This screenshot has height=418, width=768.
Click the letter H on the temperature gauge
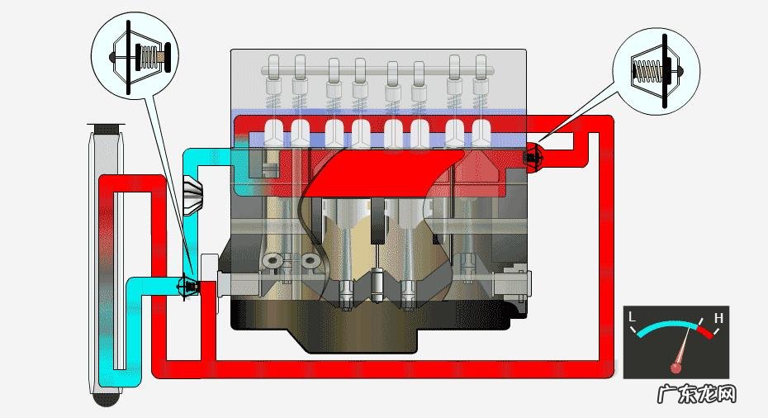coord(718,317)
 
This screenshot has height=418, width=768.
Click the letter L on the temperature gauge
coord(633,317)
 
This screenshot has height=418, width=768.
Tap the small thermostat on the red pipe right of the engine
coord(533,155)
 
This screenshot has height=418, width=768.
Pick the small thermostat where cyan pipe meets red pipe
coord(189,287)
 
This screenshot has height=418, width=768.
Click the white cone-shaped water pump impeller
coord(192,196)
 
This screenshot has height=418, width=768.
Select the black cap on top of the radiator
coord(106,128)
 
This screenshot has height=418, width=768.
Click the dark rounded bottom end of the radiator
coord(107,398)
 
